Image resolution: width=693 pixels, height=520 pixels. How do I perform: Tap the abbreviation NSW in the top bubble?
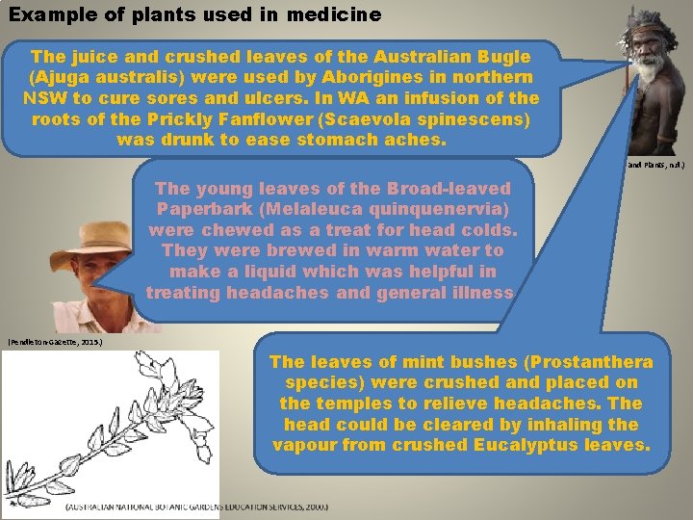[x=44, y=98]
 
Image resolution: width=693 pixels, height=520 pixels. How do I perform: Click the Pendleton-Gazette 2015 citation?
[x=54, y=341]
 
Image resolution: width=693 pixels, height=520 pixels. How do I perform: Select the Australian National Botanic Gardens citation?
[x=196, y=507]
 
